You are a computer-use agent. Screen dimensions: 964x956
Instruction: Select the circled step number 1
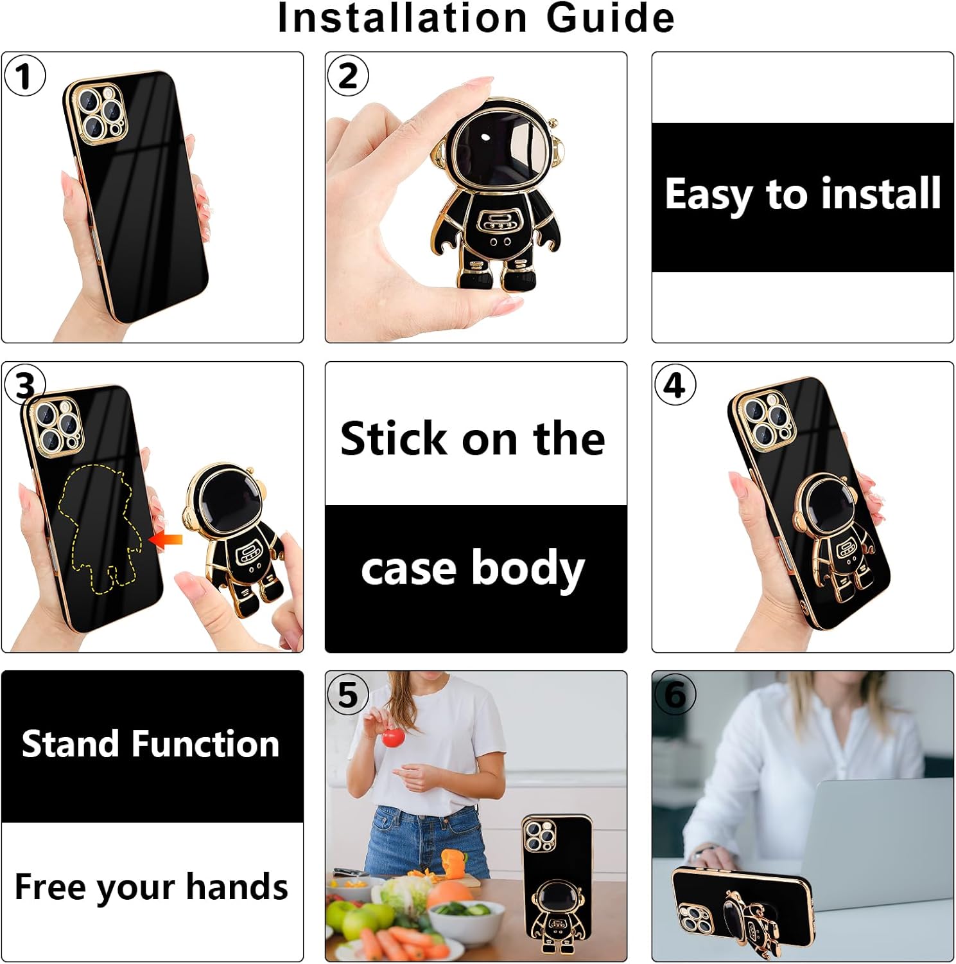(x=24, y=76)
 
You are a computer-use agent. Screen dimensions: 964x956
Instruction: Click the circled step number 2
(x=348, y=76)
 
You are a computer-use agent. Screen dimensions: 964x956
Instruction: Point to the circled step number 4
(x=675, y=385)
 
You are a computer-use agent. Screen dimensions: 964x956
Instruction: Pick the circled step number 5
(x=348, y=694)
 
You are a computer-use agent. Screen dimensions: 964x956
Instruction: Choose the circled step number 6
(x=675, y=694)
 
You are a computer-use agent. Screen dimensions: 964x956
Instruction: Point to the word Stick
(x=393, y=439)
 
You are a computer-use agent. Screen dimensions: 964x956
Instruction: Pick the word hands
(x=237, y=887)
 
